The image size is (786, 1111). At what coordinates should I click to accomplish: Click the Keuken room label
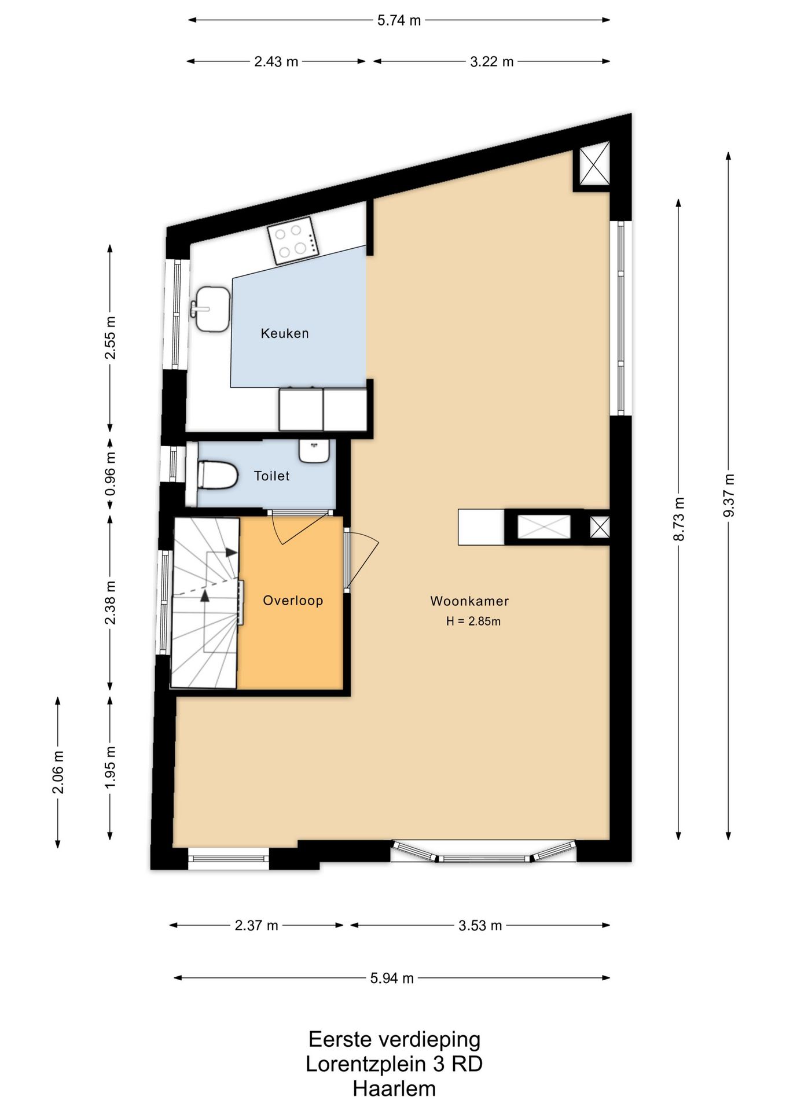[284, 333]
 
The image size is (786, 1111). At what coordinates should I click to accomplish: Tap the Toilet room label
[271, 476]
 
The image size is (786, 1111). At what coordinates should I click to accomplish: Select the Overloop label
[293, 601]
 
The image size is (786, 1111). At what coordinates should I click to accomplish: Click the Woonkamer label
[469, 601]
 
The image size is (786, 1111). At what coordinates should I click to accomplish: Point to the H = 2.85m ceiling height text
[473, 621]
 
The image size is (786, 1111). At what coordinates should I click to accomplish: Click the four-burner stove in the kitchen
[293, 240]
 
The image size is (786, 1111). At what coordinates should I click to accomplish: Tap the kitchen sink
[211, 309]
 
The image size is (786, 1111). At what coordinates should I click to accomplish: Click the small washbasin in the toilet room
[314, 451]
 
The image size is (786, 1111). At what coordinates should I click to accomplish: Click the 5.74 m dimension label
[399, 20]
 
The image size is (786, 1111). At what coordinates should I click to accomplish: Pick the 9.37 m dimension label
[728, 495]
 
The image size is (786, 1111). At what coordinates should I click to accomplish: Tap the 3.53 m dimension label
[480, 925]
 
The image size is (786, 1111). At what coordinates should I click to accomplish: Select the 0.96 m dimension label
[110, 473]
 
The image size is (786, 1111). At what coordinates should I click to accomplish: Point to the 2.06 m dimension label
[58, 772]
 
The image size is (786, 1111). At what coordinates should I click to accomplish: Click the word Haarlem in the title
[394, 1088]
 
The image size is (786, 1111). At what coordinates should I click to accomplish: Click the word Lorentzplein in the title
[368, 1064]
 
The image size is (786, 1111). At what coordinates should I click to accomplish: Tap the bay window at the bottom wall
[483, 851]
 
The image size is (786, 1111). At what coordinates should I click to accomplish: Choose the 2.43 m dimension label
[276, 61]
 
